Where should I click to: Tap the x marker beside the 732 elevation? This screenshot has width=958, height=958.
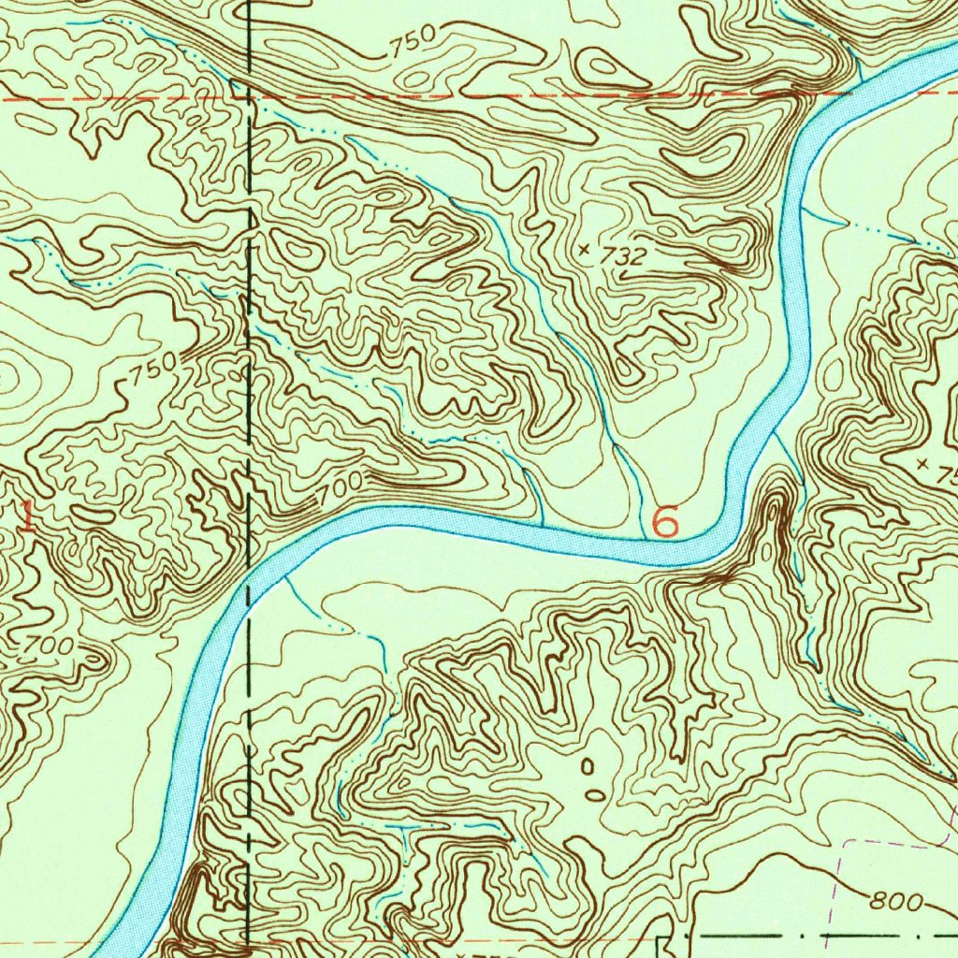point(585,249)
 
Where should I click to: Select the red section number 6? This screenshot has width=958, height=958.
point(664,521)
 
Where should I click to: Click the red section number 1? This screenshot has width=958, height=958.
point(28,516)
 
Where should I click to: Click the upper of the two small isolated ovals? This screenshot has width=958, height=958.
point(588,768)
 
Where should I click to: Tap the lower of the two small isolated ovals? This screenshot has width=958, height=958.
point(595,795)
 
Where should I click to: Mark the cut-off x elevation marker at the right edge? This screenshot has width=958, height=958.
point(924,464)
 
